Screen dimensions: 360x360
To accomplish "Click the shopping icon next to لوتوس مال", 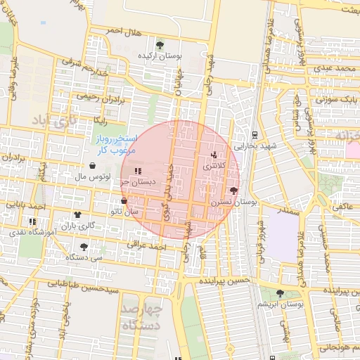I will click(x=93, y=165).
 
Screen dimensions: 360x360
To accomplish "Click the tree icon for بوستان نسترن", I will click(x=233, y=191).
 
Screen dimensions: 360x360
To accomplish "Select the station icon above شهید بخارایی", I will click(x=254, y=134).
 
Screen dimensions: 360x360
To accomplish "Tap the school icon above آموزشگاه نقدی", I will click(x=32, y=221).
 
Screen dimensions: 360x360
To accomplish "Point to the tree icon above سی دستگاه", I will click(x=84, y=247).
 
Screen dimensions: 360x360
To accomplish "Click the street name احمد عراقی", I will click(x=145, y=245).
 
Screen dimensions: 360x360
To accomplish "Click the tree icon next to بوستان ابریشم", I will click(x=280, y=293).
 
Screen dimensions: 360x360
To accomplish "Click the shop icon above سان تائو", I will click(x=124, y=201).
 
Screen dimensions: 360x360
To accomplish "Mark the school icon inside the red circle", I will click(x=138, y=171).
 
